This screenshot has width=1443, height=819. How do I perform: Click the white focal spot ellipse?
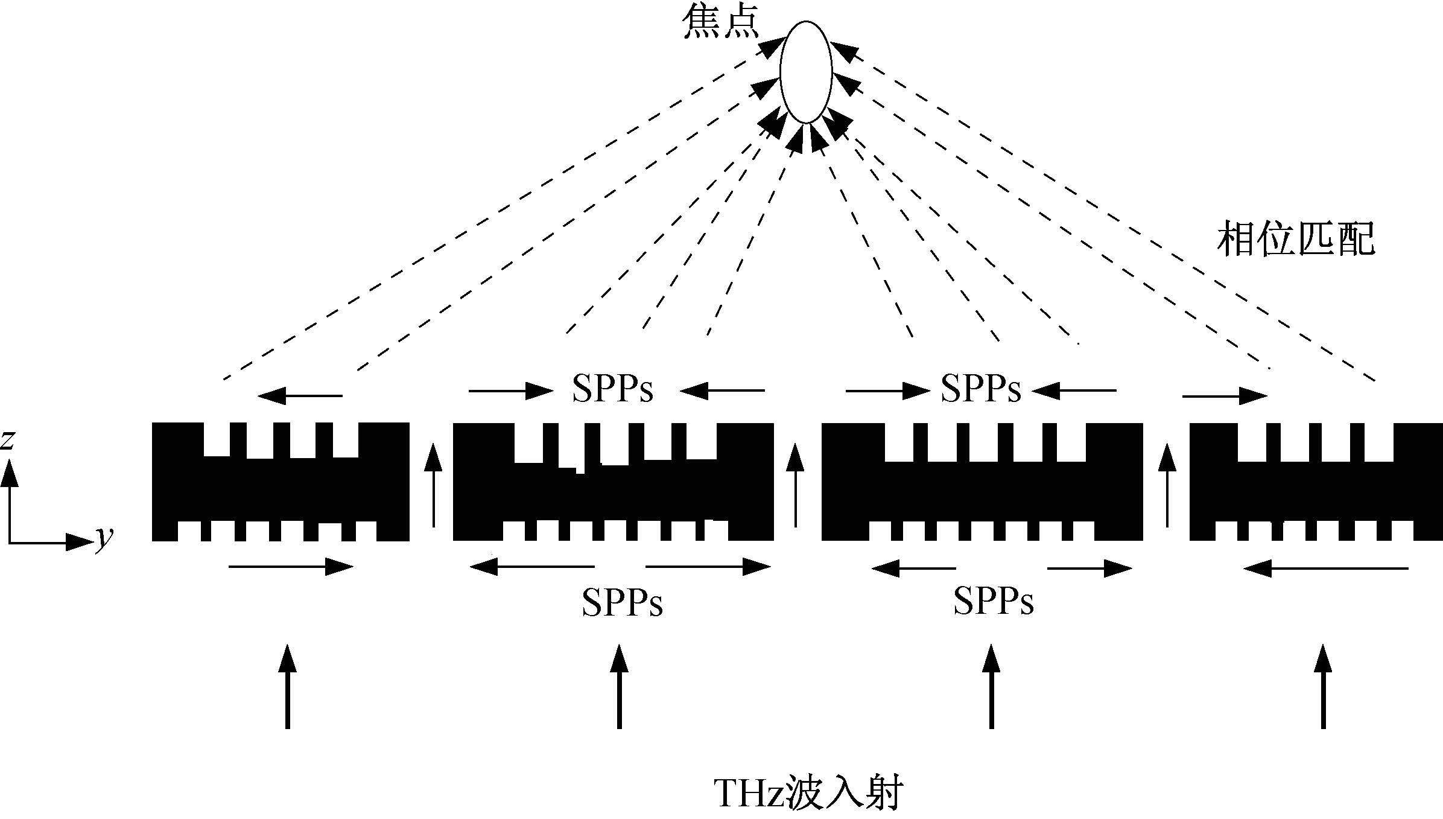(x=806, y=72)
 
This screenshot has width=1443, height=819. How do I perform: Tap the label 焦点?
(x=721, y=25)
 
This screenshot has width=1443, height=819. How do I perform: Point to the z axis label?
(x=7, y=441)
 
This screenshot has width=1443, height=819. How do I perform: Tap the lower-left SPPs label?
(x=622, y=601)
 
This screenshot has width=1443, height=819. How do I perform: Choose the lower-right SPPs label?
(x=994, y=601)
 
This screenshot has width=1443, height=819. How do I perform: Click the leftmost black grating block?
(x=281, y=482)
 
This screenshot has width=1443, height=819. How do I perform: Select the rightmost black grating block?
(x=1316, y=482)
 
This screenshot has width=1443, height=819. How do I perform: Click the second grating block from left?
(x=613, y=482)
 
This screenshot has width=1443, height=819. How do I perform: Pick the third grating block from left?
(x=982, y=482)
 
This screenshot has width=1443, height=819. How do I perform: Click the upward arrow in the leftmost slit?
(x=433, y=485)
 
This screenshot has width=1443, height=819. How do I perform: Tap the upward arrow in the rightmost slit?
(x=1168, y=485)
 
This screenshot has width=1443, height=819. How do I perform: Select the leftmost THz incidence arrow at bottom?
(x=288, y=686)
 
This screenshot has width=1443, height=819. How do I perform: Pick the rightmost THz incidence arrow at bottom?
(x=1324, y=686)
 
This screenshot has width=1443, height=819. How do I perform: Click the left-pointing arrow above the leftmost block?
(x=300, y=396)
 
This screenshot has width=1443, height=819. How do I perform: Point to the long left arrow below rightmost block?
(x=1326, y=568)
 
